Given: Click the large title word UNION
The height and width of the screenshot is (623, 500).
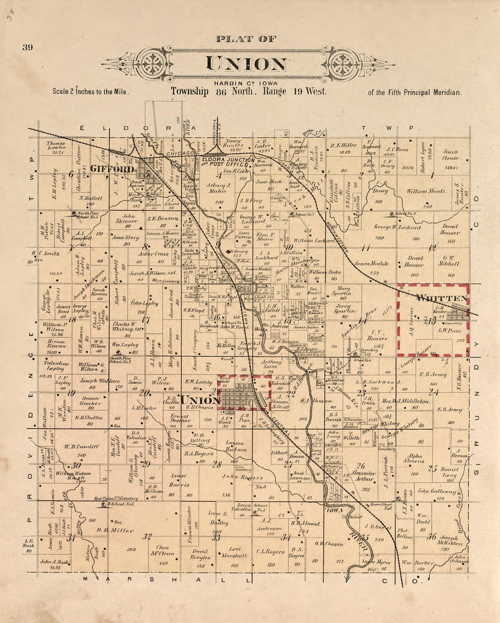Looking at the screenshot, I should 247,64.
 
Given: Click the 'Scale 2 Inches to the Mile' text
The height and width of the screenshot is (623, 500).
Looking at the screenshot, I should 91,91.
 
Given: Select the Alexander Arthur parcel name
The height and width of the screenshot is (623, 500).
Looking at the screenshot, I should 362,475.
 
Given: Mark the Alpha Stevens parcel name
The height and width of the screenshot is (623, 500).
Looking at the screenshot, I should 414,458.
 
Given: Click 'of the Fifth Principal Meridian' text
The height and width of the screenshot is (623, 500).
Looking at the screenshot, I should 415,92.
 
